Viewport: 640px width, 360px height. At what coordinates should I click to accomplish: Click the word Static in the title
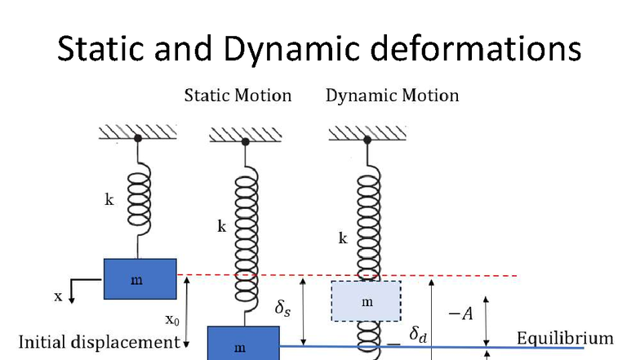100,48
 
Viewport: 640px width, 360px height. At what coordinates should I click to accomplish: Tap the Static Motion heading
238,96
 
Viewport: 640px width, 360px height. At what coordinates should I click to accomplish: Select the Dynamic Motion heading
392,96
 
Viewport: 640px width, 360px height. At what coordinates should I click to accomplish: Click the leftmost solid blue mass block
140,279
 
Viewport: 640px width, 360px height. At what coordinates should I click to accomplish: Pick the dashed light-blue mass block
366,301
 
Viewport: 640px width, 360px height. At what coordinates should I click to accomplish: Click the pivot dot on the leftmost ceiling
138,139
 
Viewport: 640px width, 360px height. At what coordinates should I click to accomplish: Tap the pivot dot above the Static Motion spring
245,142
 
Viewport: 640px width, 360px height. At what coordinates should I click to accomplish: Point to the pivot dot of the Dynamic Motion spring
367,140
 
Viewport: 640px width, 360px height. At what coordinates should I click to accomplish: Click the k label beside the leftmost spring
109,199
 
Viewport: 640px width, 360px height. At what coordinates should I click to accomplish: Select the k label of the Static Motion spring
222,226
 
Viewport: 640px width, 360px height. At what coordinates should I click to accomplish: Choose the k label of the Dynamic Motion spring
343,238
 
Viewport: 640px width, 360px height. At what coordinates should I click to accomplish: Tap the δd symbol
418,335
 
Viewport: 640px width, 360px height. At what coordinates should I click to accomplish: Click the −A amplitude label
460,313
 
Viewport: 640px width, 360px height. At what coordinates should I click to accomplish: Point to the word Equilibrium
565,338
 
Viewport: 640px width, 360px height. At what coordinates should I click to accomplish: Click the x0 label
172,320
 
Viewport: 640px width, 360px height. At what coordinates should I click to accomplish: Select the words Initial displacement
100,342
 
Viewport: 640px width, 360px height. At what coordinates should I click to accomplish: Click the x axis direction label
59,296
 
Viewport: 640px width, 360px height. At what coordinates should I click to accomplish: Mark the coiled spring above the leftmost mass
139,199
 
